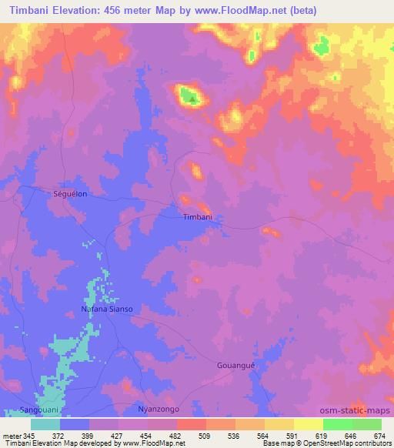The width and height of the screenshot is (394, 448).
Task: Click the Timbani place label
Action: click(x=197, y=218)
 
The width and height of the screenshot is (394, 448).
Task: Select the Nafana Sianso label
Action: click(x=107, y=309)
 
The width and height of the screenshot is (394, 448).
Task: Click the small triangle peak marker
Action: click(x=192, y=98)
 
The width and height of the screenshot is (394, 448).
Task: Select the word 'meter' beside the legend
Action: click(x=12, y=436)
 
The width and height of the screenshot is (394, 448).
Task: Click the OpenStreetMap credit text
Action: click(x=352, y=444)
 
